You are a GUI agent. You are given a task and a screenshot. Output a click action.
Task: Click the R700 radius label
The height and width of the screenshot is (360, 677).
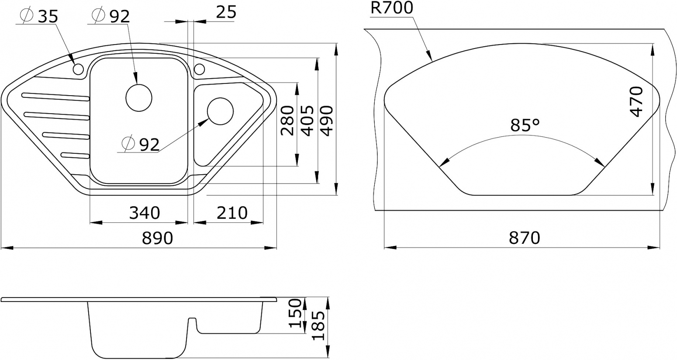click(392, 8)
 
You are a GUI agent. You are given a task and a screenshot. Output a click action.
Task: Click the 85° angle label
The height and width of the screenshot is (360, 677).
click(525, 125)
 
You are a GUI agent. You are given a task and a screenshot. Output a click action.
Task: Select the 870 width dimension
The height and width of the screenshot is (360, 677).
click(525, 238)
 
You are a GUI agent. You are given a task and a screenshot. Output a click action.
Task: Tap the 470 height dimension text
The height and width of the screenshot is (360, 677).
click(636, 101)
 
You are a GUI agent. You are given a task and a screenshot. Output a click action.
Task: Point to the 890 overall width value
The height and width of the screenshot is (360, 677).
click(158, 238)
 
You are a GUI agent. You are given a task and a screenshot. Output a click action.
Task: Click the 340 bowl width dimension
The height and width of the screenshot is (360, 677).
click(145, 213)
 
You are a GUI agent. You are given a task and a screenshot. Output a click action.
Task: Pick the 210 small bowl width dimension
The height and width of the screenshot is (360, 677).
click(232, 213)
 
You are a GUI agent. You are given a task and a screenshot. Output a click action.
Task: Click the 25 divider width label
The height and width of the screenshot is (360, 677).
click(226, 12)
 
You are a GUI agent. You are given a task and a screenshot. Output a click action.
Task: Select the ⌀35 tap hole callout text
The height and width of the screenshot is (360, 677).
click(39, 16)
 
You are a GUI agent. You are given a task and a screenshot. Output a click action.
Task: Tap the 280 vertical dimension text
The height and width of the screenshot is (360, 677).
click(287, 120)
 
